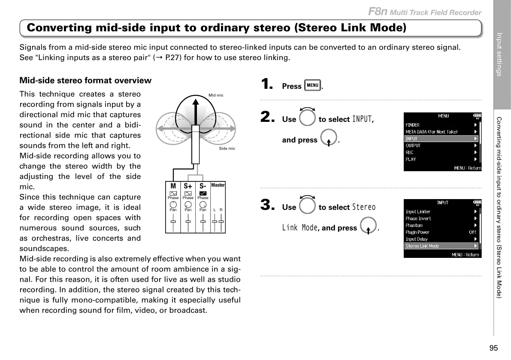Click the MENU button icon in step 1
click(x=312, y=85)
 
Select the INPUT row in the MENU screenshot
click(x=441, y=139)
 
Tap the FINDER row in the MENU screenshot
click(x=441, y=125)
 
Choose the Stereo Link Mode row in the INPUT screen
click(x=441, y=246)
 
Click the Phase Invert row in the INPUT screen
click(x=441, y=218)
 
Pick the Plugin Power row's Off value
click(x=472, y=232)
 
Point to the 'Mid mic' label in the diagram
click(x=216, y=95)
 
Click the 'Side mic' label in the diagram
click(x=227, y=148)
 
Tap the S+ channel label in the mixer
click(x=188, y=186)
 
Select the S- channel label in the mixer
click(x=203, y=186)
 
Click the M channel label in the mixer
click(x=173, y=186)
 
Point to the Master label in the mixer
click(x=218, y=185)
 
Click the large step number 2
click(x=268, y=117)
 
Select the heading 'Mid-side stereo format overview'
click(x=85, y=81)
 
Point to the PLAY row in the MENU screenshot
click(x=441, y=159)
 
